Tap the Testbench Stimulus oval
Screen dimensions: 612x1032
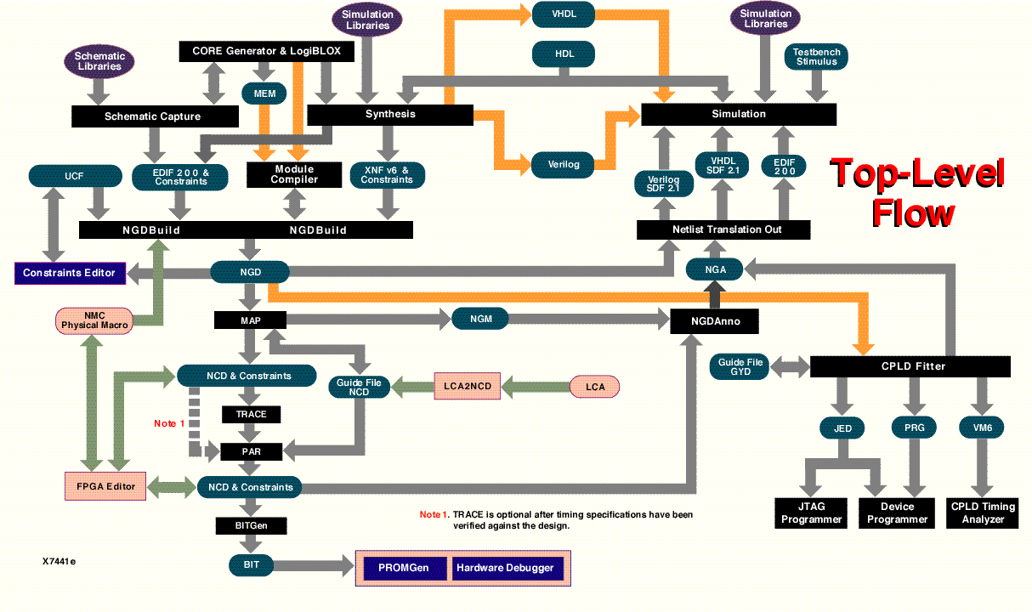(x=816, y=57)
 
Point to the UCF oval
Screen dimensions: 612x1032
(x=73, y=176)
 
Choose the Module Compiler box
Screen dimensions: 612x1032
(x=294, y=174)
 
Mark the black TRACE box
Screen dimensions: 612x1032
(x=251, y=414)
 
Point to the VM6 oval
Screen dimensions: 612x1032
(x=982, y=427)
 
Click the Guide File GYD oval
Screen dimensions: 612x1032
(x=740, y=367)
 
